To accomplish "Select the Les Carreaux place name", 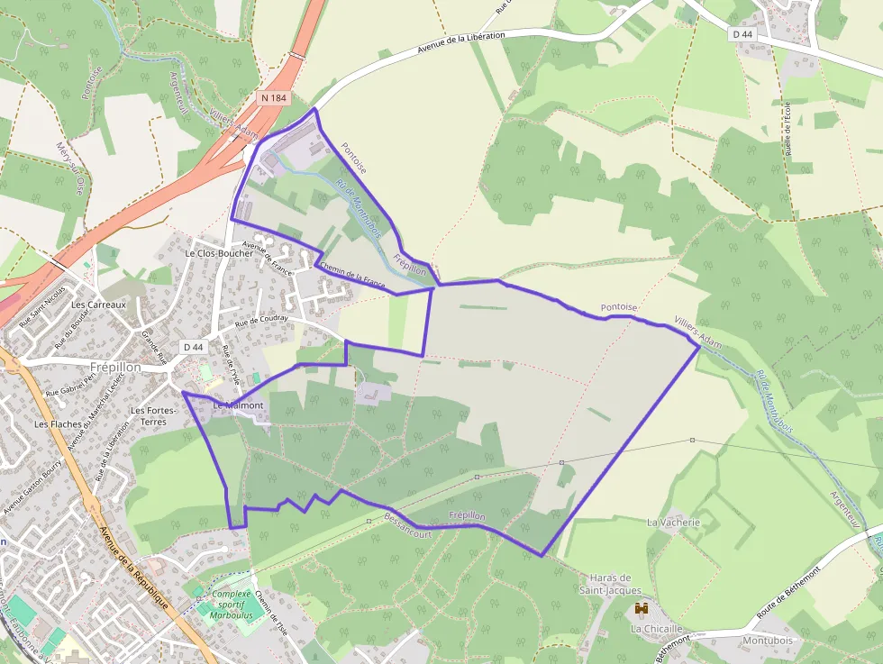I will (x=98, y=305).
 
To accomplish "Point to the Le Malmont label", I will (x=238, y=406).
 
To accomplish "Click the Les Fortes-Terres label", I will (x=152, y=415).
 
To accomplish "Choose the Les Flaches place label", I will (x=57, y=423).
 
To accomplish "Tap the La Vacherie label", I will (x=673, y=522).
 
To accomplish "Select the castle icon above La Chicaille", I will (x=642, y=610).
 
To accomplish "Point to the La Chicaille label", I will (x=656, y=629).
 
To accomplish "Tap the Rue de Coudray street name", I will (x=261, y=321).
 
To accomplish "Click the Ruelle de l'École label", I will (x=788, y=129).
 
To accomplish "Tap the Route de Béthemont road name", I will (x=789, y=591).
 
